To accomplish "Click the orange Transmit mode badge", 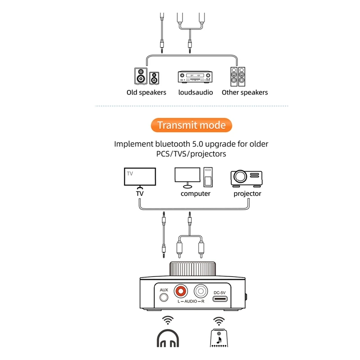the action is [x=191, y=125].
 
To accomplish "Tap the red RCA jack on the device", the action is [x=180, y=291].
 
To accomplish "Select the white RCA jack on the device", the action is [x=201, y=291].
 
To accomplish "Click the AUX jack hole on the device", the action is [x=164, y=297].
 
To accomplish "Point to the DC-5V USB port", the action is [x=220, y=299].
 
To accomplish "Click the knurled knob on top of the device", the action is [x=193, y=269].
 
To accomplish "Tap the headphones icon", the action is [x=168, y=338].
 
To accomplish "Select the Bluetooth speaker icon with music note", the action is [x=219, y=338].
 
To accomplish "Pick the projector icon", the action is [x=246, y=178].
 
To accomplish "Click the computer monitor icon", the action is [x=187, y=177].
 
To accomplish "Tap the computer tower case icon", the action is [x=208, y=177].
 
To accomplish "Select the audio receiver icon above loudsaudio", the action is [x=195, y=76].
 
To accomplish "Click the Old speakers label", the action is [x=146, y=92].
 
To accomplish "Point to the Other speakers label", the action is [x=245, y=92].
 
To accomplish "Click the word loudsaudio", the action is [x=196, y=92].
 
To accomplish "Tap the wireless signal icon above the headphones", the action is [x=168, y=320].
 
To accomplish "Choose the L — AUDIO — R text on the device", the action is [x=191, y=301].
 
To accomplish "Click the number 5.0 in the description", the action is [x=198, y=144].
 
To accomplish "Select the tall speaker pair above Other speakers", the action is [x=238, y=76].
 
